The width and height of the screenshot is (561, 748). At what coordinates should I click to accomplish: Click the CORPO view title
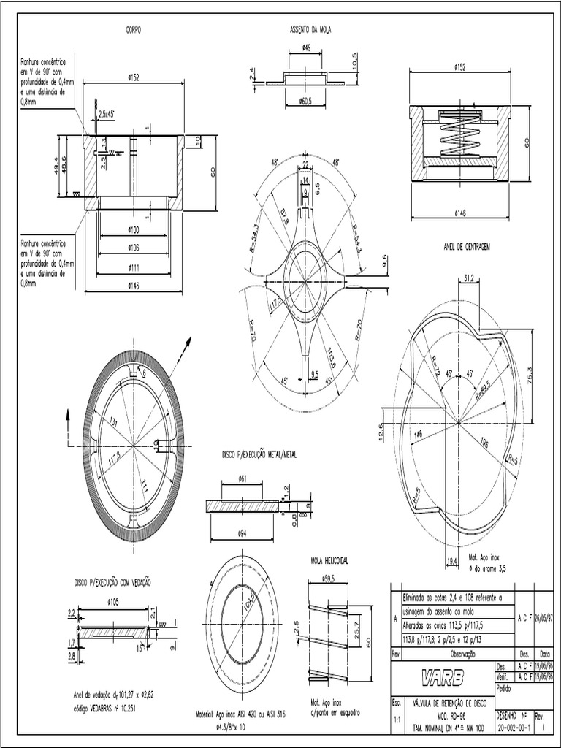pyautogui.click(x=132, y=30)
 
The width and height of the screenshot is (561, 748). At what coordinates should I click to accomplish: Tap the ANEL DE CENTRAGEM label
pyautogui.click(x=465, y=247)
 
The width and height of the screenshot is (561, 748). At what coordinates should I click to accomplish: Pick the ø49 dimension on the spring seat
pyautogui.click(x=305, y=49)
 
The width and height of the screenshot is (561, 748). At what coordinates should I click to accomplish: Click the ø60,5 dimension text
pyautogui.click(x=305, y=101)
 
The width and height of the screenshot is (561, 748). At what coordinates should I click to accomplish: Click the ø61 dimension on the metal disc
pyautogui.click(x=243, y=478)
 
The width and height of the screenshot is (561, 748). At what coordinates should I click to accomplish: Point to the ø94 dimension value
pyautogui.click(x=243, y=533)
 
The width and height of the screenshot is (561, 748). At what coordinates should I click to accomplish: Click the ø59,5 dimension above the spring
pyautogui.click(x=329, y=578)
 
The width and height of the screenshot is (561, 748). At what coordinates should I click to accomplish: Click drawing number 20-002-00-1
pyautogui.click(x=513, y=728)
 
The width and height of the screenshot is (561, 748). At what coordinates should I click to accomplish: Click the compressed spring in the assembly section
pyautogui.click(x=459, y=137)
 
